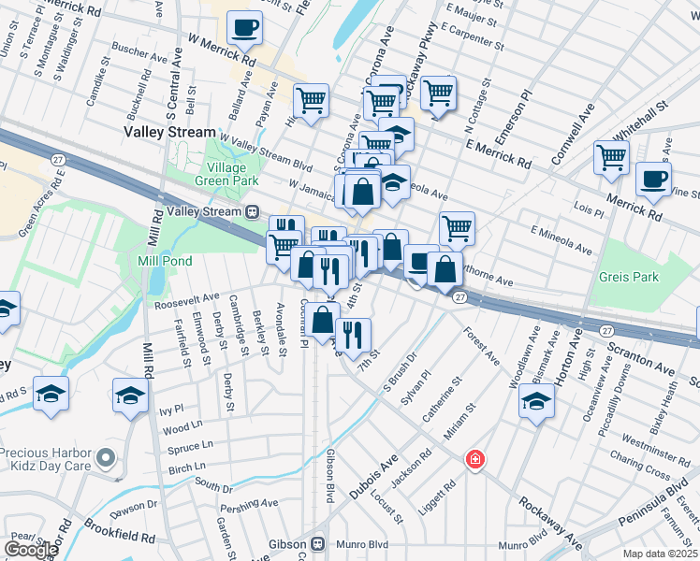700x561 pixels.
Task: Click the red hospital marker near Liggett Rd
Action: pos(475,459)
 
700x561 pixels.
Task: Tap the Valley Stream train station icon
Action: pos(253,212)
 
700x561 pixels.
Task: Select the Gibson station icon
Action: pos(318,543)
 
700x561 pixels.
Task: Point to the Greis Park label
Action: pos(631,277)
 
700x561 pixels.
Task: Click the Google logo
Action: pos(31,550)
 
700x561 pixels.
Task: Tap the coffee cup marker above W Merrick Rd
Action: pos(245,28)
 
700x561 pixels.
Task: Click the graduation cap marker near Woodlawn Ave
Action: pos(536,402)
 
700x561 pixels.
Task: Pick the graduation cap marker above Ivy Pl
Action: pos(131,396)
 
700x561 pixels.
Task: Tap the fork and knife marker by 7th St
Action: pos(352,335)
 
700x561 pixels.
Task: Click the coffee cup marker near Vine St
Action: pos(653,179)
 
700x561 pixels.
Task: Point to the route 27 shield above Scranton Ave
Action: pos(606,330)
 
